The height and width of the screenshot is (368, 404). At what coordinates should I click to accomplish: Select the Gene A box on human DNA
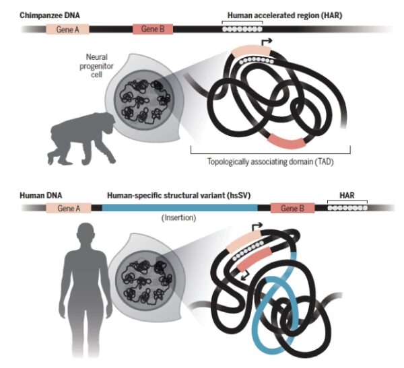point(69,209)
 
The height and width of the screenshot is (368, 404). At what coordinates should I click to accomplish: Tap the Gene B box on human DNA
point(293,209)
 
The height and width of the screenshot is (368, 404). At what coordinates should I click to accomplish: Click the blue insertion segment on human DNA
point(182,209)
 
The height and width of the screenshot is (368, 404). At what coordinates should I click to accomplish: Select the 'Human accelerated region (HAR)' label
point(273,14)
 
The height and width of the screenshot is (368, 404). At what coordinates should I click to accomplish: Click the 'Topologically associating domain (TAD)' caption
point(269,161)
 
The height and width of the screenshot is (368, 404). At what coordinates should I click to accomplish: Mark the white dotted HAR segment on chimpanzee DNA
point(243,30)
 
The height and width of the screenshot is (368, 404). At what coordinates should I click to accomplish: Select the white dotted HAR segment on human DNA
point(346,209)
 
